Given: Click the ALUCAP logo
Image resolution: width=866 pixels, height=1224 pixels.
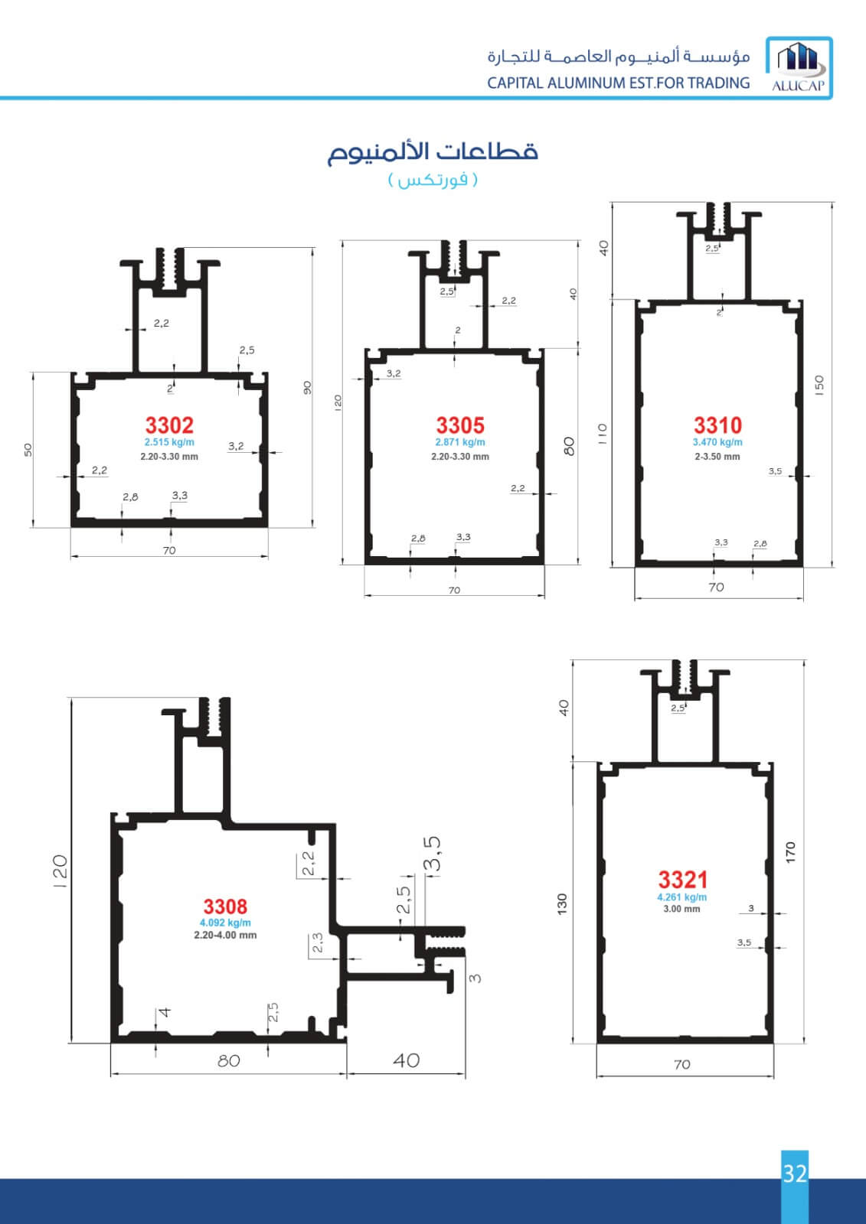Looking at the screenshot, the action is tap(799, 68).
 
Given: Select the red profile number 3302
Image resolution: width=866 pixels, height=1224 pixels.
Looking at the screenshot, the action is tap(169, 425).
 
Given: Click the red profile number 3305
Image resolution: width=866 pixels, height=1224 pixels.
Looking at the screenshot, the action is tap(460, 425).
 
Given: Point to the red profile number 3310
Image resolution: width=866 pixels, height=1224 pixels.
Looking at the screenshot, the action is tap(717, 425).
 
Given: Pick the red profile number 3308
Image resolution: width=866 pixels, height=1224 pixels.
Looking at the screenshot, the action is tap(225, 907).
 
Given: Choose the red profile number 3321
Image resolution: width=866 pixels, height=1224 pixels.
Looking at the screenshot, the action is tap(683, 880).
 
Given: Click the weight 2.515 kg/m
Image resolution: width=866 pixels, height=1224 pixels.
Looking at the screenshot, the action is tap(169, 443).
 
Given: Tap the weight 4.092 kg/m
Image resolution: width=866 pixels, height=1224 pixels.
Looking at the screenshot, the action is tap(225, 923).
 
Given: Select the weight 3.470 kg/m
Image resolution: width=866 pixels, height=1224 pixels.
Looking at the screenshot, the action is tap(717, 443).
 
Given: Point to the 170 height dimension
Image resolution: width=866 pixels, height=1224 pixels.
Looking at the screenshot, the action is tap(790, 853).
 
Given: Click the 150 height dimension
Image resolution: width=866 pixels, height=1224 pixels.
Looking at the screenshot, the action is tap(819, 386).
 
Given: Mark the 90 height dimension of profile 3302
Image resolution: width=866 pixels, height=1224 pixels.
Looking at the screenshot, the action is tap(307, 388).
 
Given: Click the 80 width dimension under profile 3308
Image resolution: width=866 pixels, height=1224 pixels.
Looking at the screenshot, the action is tap(229, 1060).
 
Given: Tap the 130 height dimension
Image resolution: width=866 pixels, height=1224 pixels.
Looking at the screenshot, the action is tap(562, 904).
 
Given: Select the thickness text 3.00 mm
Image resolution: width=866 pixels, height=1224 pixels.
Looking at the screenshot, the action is tap(681, 910).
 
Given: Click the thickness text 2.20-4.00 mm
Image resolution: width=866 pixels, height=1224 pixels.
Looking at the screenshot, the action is tap(225, 935).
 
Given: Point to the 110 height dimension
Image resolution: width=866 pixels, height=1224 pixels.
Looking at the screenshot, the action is tap(602, 434).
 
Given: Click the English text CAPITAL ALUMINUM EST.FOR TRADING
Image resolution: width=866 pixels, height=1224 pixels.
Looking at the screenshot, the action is tap(619, 83).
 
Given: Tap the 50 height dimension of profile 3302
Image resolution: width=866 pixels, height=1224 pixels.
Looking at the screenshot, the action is tap(28, 450).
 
